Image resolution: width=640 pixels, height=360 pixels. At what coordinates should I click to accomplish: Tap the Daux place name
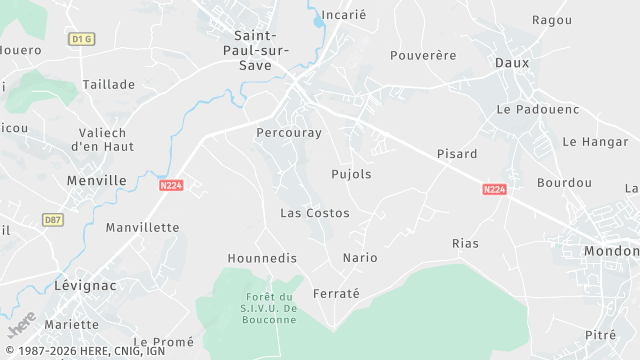[511, 62]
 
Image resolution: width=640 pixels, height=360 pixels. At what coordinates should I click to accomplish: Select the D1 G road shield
[82, 39]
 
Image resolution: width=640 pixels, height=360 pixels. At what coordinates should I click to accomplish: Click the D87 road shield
[53, 219]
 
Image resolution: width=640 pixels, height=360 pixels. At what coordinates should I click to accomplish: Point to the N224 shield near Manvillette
[171, 184]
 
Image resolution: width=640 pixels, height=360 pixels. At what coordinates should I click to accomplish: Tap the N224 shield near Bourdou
[494, 189]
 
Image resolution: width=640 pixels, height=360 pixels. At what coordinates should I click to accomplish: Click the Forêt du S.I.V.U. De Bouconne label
[271, 307]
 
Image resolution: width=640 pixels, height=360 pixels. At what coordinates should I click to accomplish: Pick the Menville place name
[96, 181]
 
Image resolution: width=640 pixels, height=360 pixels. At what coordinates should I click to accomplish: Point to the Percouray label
[288, 132]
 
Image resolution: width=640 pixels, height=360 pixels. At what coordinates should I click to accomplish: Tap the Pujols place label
[351, 174]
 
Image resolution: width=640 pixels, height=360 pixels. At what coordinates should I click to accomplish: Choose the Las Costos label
[314, 213]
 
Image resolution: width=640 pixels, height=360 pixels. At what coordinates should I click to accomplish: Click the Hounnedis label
[263, 258]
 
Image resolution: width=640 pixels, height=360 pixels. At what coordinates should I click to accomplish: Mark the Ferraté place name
[336, 293]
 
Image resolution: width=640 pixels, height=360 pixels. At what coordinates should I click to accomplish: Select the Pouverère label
[423, 55]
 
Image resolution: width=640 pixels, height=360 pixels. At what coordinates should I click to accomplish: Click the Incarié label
[347, 16]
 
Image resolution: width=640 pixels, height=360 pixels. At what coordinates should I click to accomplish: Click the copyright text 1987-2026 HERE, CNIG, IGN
[84, 351]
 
